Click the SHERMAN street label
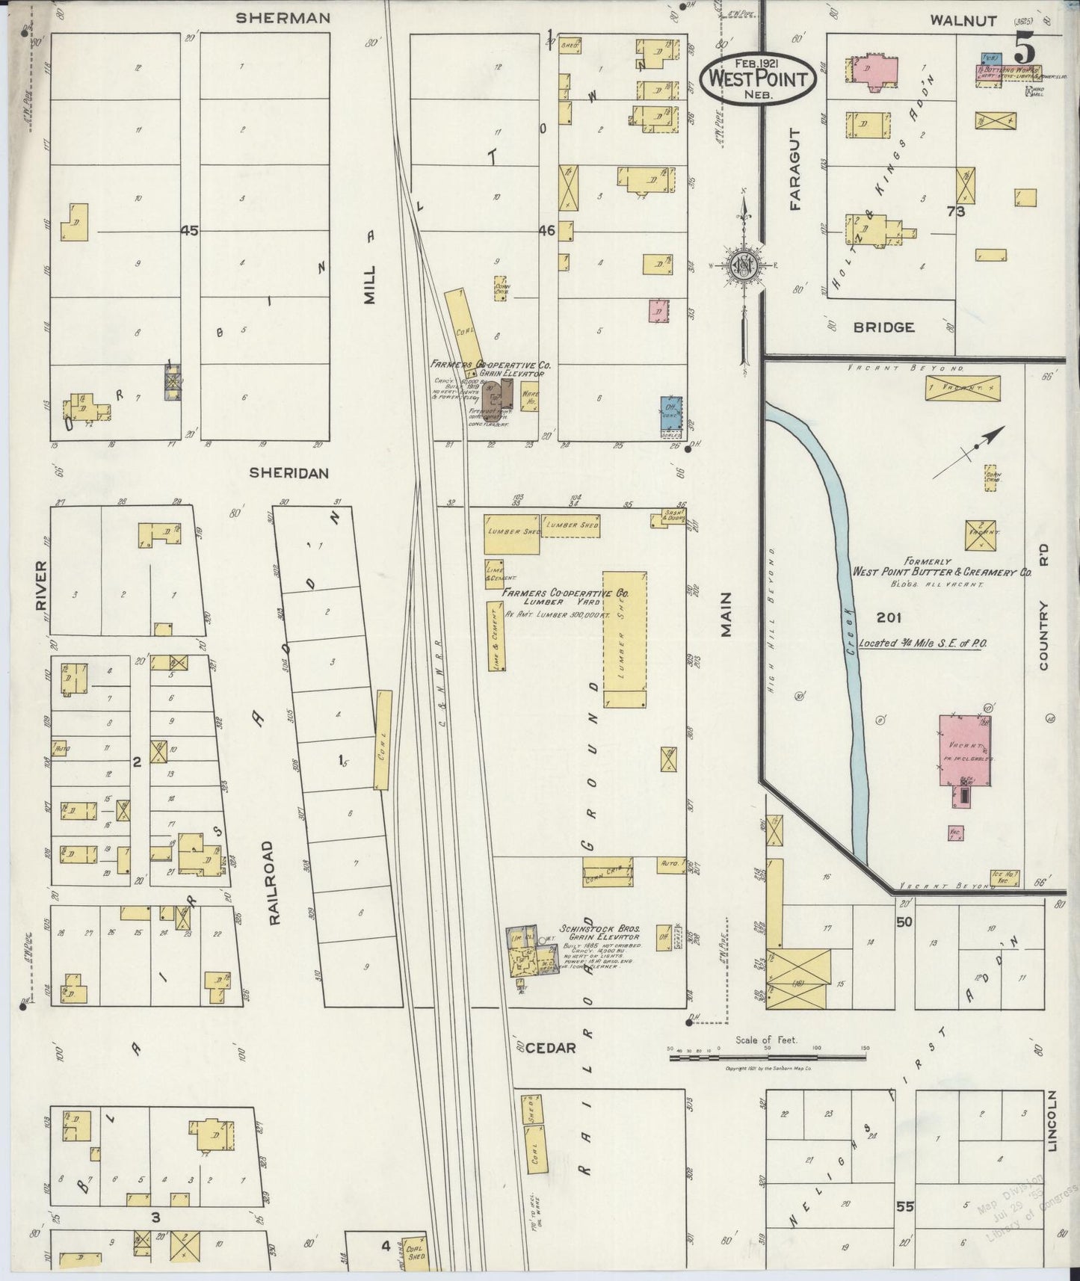[x=283, y=19]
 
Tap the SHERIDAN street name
[x=288, y=472]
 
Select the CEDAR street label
[x=550, y=1048]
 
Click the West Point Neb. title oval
[x=758, y=78]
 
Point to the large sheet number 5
[x=1024, y=51]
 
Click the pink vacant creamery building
[x=964, y=750]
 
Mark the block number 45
[x=189, y=231]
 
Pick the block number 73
[x=955, y=212]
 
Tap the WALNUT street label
[x=963, y=21]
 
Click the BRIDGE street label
[x=883, y=327]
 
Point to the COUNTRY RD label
[x=1043, y=605]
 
